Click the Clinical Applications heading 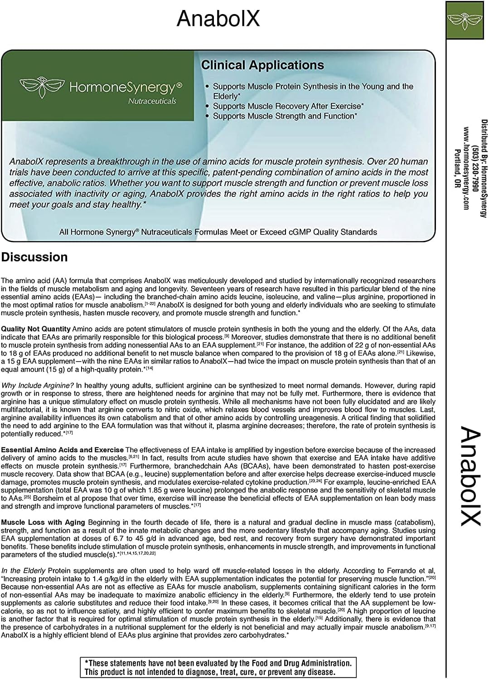click(x=262, y=65)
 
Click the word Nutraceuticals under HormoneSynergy click(x=152, y=101)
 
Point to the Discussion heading click(x=34, y=257)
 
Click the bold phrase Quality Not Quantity click(x=36, y=329)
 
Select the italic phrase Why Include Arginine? click(x=38, y=386)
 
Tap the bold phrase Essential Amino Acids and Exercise click(x=62, y=450)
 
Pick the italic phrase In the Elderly click(x=23, y=570)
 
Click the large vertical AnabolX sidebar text click(x=470, y=476)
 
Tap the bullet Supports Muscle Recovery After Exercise click(x=288, y=106)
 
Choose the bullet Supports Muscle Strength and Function click(x=285, y=116)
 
